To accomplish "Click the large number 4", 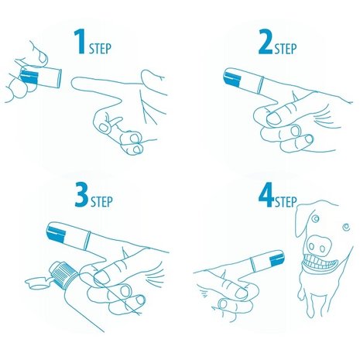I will pos(266,203).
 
